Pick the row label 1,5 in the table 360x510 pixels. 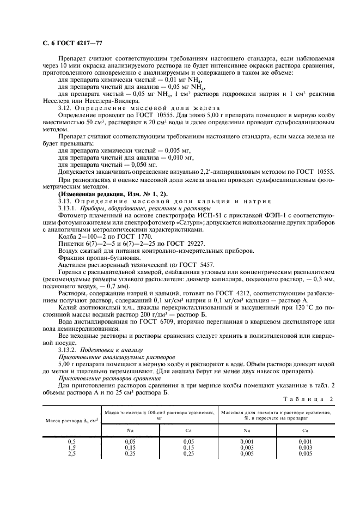tap(71, 446)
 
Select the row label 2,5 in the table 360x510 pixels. tap(71, 452)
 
